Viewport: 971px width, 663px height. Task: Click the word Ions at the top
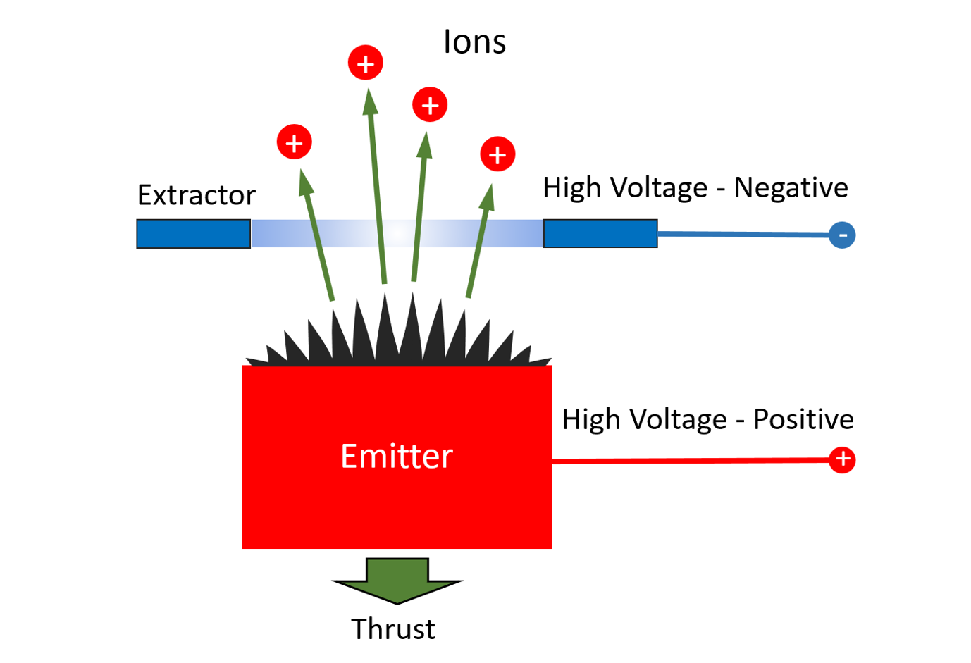tap(474, 42)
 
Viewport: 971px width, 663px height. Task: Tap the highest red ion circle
tap(366, 63)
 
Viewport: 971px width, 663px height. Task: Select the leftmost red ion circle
tap(295, 143)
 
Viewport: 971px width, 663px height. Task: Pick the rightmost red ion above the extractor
tap(497, 154)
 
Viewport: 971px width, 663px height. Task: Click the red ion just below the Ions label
tap(430, 105)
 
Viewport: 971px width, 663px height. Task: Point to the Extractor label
tap(197, 195)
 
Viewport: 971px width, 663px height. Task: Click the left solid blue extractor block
tap(194, 234)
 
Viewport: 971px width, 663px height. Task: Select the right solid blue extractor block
tap(600, 234)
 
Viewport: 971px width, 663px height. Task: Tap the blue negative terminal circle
tap(842, 235)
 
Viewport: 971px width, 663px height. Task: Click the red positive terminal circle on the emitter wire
tap(842, 459)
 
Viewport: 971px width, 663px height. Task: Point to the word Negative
tap(791, 188)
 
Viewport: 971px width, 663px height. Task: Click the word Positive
tap(803, 419)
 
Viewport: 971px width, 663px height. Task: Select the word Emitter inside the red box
tap(397, 457)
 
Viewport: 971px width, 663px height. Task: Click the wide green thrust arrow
tap(397, 580)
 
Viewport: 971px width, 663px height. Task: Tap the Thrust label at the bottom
tap(393, 629)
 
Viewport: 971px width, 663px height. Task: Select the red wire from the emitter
tap(691, 460)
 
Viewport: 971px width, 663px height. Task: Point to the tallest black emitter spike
tap(386, 324)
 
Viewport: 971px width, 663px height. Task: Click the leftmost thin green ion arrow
tap(318, 236)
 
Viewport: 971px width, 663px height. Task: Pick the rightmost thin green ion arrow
tap(478, 240)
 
